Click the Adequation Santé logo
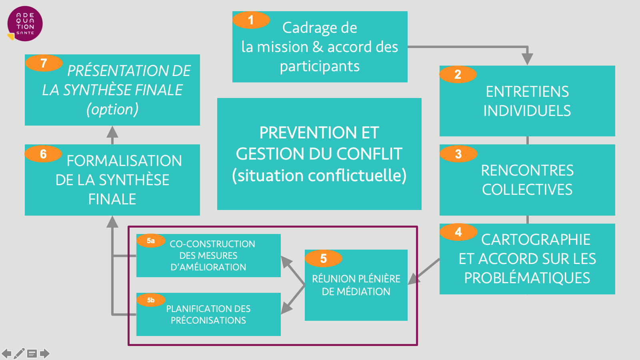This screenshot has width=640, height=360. (x=25, y=24)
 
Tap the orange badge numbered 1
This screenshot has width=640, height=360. (x=251, y=20)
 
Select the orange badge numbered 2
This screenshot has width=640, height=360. (x=458, y=74)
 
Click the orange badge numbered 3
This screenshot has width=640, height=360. (x=458, y=154)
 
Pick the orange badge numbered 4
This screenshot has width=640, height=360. (x=458, y=232)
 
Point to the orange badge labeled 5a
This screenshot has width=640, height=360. (x=151, y=241)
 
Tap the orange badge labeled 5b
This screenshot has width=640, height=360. (x=151, y=300)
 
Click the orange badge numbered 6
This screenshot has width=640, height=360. (x=43, y=154)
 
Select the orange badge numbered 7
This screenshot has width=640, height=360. (x=44, y=63)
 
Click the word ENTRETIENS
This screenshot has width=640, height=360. (x=527, y=92)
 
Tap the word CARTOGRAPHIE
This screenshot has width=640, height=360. (x=536, y=240)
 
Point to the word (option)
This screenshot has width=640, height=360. (x=112, y=109)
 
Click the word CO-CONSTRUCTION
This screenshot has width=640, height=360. (x=212, y=244)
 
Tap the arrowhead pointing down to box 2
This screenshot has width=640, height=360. (x=528, y=59)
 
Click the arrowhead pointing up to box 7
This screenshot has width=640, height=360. (x=112, y=132)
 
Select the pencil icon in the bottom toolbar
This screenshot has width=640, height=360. (x=19, y=354)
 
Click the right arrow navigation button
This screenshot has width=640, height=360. (x=44, y=354)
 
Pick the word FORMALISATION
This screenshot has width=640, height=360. (x=124, y=161)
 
